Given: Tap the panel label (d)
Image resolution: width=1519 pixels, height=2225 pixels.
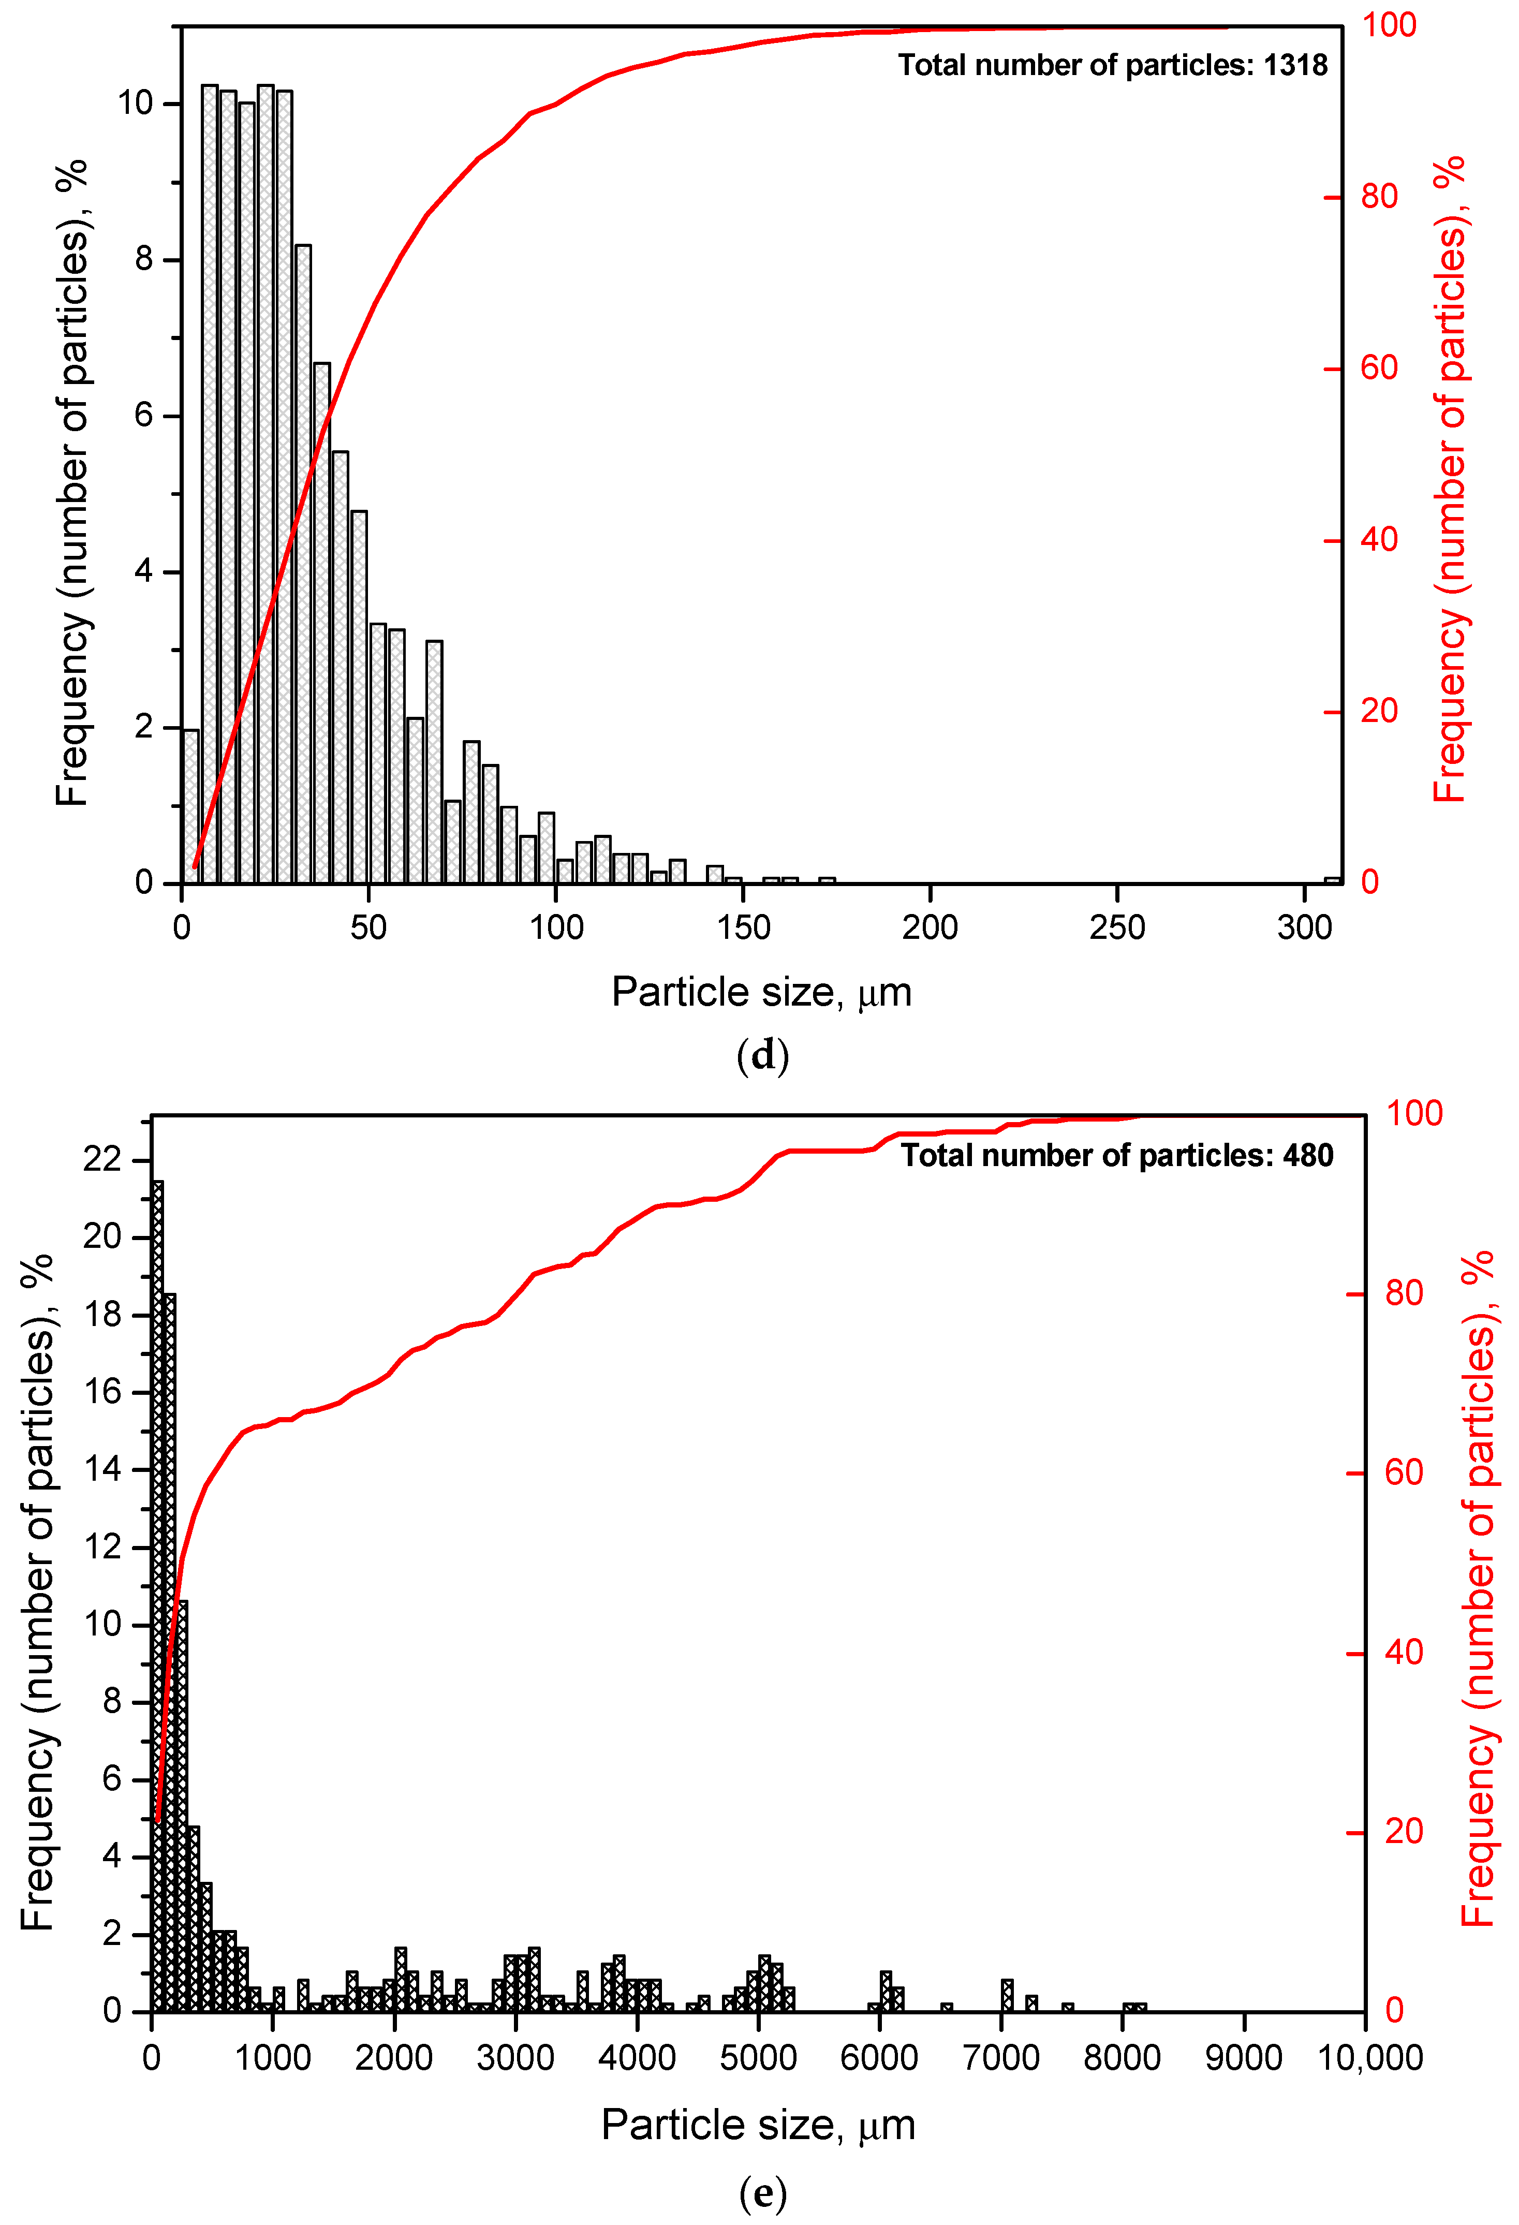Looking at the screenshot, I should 763,1055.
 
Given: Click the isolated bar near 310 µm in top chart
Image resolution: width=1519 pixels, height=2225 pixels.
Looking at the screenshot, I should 1332,880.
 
